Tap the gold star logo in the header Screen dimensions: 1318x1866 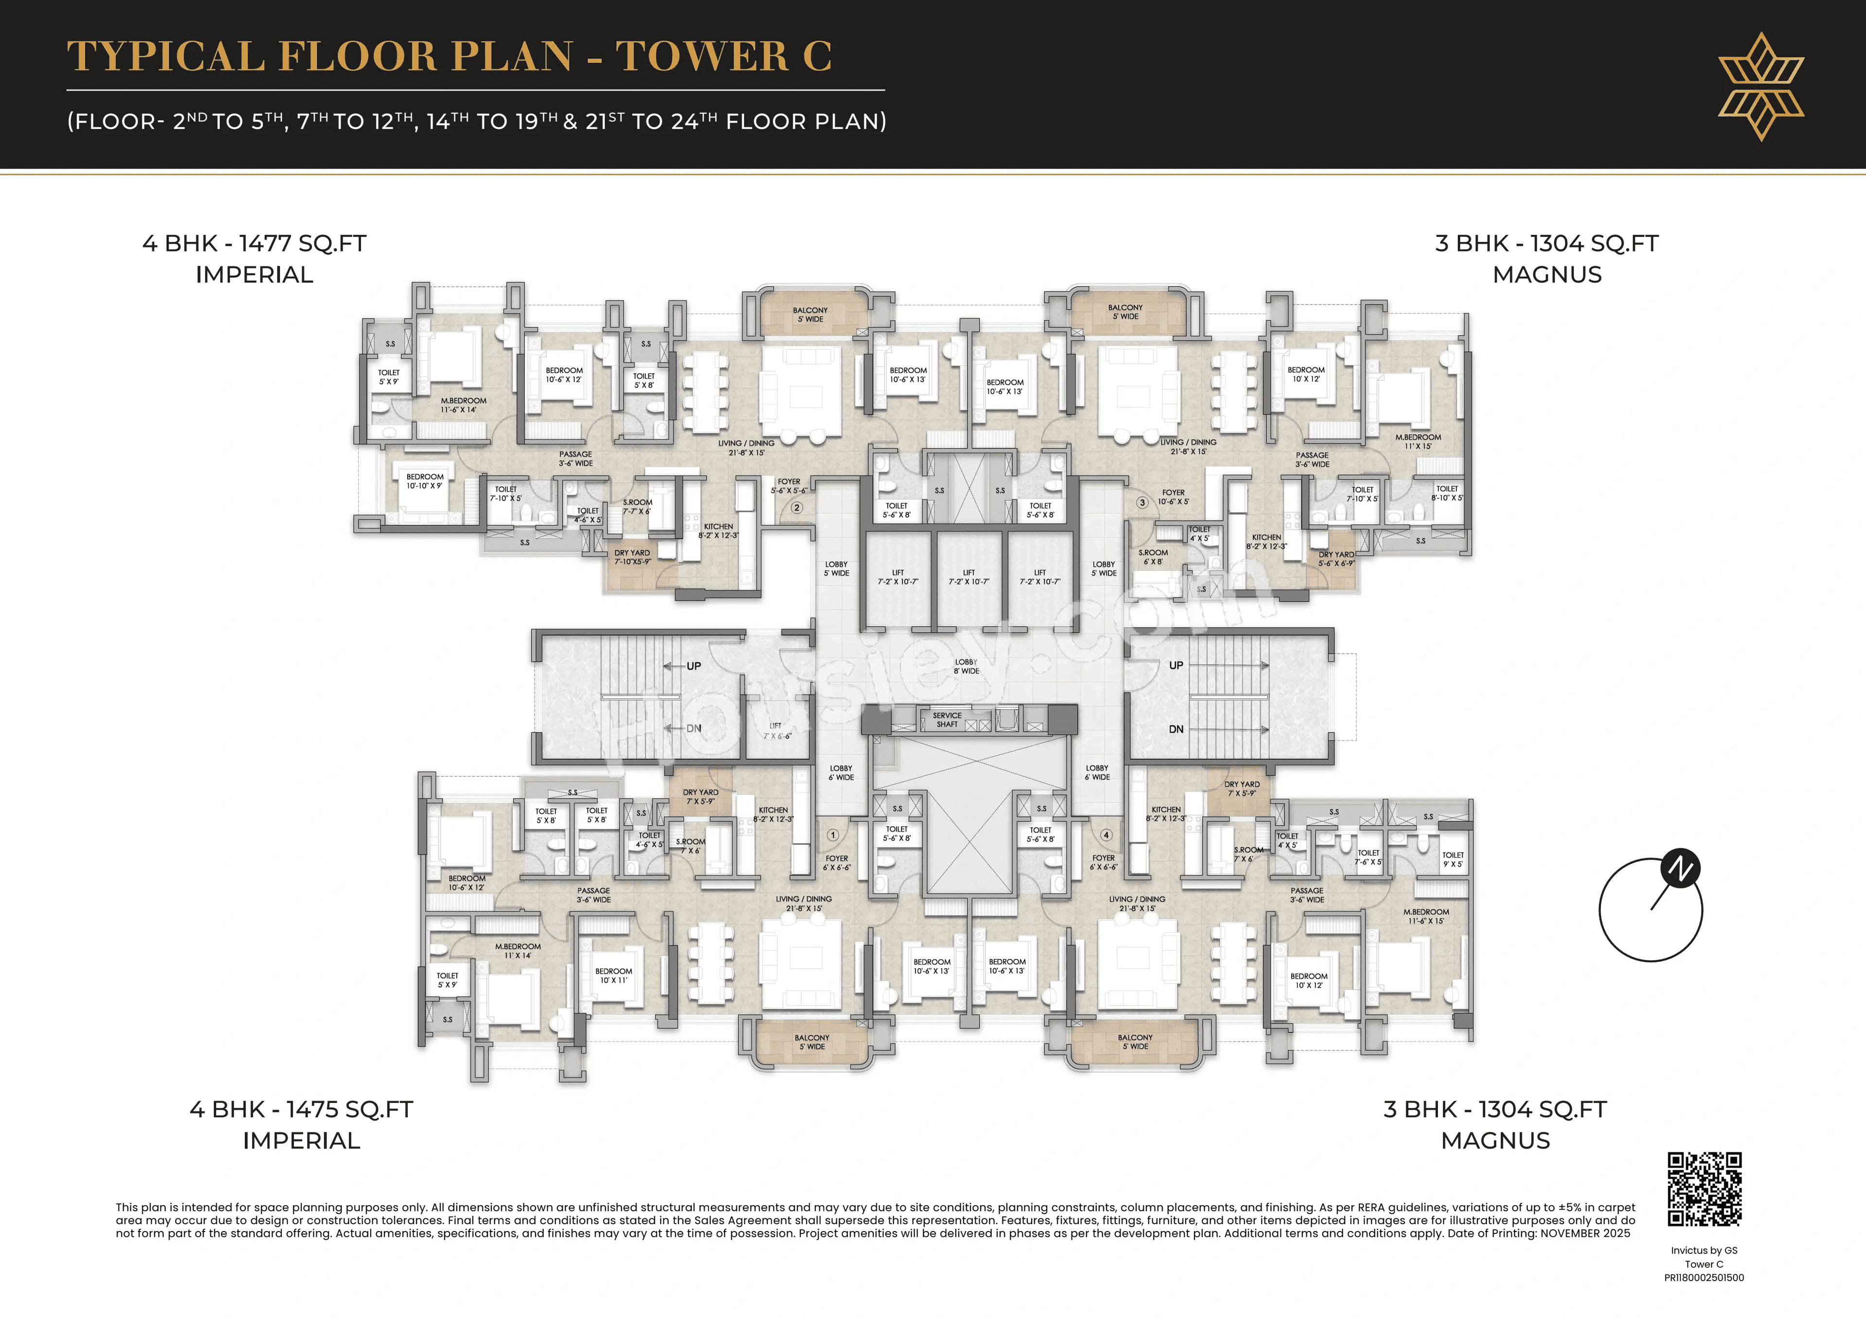pyautogui.click(x=1761, y=86)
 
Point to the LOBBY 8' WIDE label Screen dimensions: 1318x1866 pyautogui.click(x=967, y=667)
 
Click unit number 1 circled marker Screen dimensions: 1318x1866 pyautogui.click(x=832, y=835)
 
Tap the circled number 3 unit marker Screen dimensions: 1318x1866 pyautogui.click(x=1142, y=503)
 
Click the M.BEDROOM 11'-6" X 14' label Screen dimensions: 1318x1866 pyautogui.click(x=463, y=405)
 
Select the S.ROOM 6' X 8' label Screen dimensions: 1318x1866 pyautogui.click(x=1153, y=557)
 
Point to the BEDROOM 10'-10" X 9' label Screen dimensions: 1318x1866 pyautogui.click(x=424, y=481)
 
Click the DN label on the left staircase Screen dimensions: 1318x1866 pyautogui.click(x=693, y=728)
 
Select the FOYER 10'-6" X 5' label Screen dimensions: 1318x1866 pyautogui.click(x=1173, y=496)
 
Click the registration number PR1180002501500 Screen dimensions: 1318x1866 pyautogui.click(x=1704, y=1277)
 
